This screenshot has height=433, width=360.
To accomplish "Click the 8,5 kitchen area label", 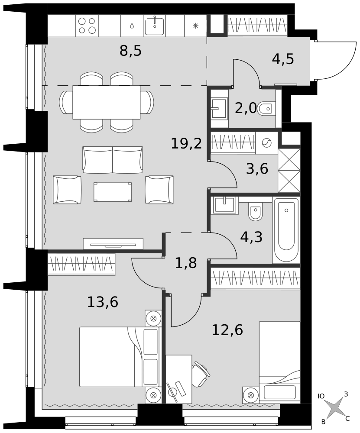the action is point(130,51).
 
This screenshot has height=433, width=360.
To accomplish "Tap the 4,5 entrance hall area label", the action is point(282,59).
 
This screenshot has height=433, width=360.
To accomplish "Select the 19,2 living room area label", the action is point(186,143).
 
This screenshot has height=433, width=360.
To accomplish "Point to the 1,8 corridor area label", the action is point(186,263).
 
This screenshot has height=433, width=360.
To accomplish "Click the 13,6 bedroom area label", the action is point(103,302).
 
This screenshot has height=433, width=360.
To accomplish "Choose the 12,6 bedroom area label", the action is point(227,330).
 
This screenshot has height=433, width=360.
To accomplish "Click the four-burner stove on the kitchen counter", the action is point(87,26).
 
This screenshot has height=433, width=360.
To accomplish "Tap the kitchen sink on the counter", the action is point(155,26).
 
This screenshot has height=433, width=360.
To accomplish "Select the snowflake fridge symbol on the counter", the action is point(195,26).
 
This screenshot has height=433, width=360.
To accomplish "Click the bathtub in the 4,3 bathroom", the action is point(286,230).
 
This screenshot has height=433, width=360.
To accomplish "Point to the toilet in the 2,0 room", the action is point(266,109).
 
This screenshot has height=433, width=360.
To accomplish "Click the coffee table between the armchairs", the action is point(113,192).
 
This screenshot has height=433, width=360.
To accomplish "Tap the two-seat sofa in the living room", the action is point(113,160).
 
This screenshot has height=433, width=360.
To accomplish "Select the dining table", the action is point(107,102).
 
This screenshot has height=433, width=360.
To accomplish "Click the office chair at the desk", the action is point(201,375).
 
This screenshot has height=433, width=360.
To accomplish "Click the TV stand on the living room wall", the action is point(113,244).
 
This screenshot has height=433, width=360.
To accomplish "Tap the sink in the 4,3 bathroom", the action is point(225,205).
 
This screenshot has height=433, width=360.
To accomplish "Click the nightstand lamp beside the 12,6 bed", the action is point(251,395).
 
